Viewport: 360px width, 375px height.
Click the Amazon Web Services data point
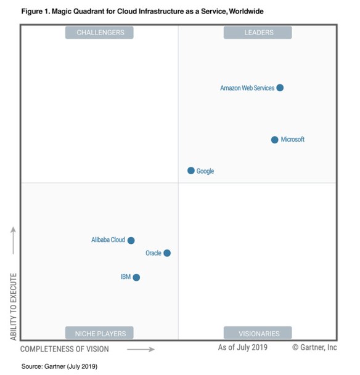[x=280, y=88]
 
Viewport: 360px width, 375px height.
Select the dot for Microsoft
[x=275, y=140]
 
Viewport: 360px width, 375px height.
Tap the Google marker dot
[x=191, y=171]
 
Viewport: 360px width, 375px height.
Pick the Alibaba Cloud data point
[x=131, y=240]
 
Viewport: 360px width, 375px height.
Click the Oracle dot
[x=167, y=253]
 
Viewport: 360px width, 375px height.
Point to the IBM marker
[x=136, y=277]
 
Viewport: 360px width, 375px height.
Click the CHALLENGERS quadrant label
[x=100, y=33]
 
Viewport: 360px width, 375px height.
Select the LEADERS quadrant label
[x=257, y=33]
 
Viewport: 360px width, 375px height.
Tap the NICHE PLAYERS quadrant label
[x=100, y=334]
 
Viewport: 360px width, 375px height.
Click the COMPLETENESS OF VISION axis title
[x=65, y=349]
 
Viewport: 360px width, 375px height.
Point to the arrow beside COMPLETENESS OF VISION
[x=141, y=349]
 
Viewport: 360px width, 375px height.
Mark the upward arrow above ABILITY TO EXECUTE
[x=13, y=240]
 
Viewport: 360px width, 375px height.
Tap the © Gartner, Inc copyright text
[x=314, y=348]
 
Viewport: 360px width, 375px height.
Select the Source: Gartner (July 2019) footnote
[x=59, y=366]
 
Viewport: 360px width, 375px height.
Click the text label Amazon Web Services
[x=247, y=88]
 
